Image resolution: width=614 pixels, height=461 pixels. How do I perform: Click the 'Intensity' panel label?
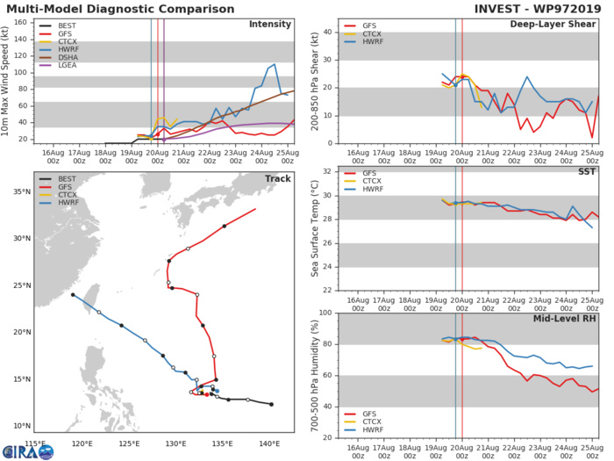pyautogui.click(x=271, y=25)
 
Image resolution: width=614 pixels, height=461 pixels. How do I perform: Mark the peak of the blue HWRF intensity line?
pyautogui.click(x=275, y=64)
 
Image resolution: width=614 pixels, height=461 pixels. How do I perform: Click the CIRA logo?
pyautogui.click(x=22, y=450)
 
